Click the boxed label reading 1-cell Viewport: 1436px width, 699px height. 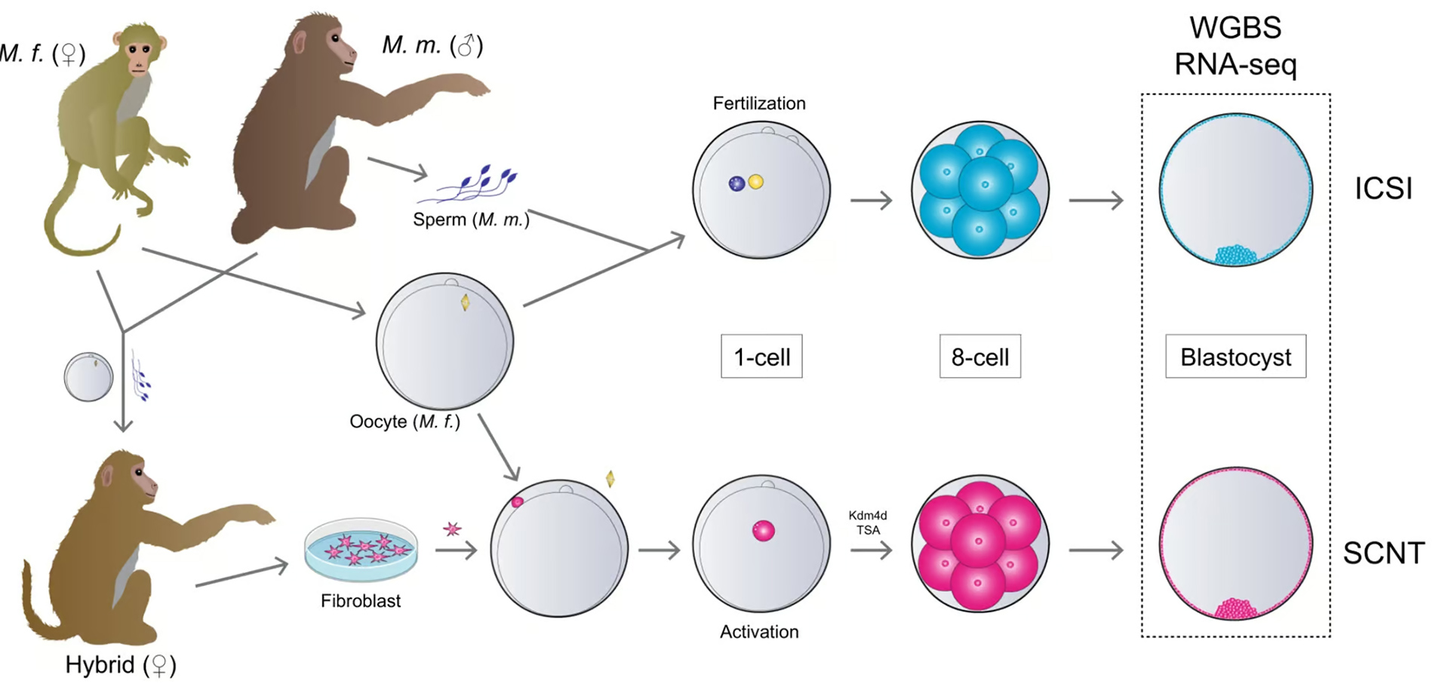pos(761,357)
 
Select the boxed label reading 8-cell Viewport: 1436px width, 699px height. pos(979,357)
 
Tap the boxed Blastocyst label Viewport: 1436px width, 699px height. pos(1235,357)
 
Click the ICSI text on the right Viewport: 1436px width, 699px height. pos(1383,189)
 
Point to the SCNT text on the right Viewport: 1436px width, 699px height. pos(1383,553)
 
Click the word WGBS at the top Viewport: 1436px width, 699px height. pos(1235,28)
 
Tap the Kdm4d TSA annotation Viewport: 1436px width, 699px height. pos(868,523)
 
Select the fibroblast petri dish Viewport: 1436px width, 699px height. pos(361,549)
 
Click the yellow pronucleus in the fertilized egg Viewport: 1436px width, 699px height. pos(755,182)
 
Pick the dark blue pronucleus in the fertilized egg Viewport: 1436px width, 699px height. pos(736,183)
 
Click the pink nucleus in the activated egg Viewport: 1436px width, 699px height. pos(763,531)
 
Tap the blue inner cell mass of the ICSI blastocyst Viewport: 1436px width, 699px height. pos(1235,254)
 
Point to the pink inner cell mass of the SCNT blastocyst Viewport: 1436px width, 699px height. pos(1235,609)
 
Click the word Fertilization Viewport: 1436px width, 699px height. pos(759,103)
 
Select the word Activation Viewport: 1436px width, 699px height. pos(759,632)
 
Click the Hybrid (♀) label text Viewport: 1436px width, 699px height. pos(121,665)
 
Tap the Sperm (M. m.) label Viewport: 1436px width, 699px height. pos(471,220)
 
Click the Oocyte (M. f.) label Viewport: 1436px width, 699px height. pos(404,422)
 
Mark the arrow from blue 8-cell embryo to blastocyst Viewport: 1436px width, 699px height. pos(1096,201)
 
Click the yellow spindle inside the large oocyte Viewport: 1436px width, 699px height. pos(466,302)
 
